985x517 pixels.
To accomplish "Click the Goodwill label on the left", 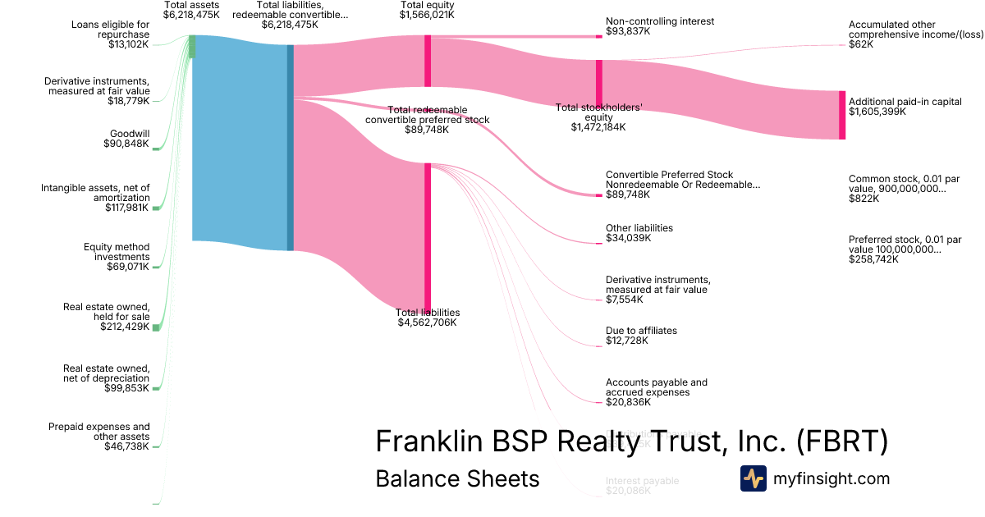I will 130,133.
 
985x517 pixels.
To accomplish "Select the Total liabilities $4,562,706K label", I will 427,318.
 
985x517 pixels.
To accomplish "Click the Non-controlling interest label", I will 660,21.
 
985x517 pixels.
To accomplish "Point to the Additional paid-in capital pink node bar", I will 841,115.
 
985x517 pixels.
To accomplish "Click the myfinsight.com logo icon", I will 753,478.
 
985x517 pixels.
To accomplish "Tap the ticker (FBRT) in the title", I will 842,441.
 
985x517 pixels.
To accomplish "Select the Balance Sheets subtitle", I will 457,478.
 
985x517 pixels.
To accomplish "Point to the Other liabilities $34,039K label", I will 639,233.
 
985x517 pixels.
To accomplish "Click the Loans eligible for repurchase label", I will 110,34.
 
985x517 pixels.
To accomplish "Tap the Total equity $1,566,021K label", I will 427,10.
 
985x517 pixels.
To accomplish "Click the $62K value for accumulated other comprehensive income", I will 861,45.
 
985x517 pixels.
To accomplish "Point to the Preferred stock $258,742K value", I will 873,259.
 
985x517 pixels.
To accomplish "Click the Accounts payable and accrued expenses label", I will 656,387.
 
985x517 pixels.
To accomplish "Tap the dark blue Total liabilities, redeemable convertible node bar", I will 290,148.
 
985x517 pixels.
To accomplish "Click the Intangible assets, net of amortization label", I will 95,193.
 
